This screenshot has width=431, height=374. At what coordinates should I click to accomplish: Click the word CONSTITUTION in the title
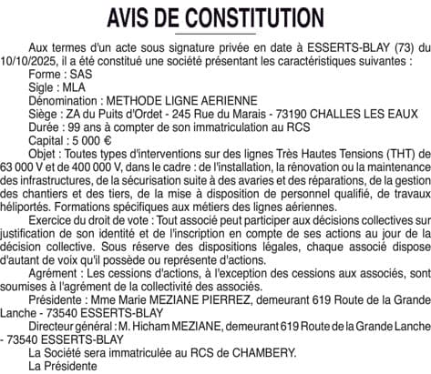[251, 17]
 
